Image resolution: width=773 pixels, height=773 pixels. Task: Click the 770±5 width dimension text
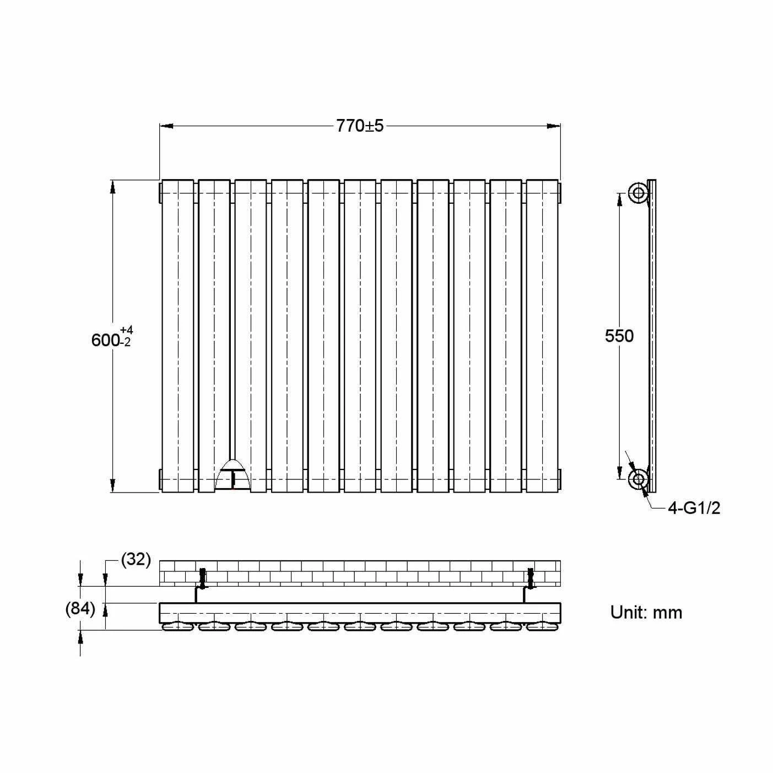coord(360,126)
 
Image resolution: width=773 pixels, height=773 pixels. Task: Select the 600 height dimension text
coord(105,340)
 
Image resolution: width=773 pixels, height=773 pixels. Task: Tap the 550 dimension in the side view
coord(619,336)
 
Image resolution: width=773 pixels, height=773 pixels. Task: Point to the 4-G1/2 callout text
coord(694,508)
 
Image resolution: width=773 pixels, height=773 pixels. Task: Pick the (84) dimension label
coord(80,609)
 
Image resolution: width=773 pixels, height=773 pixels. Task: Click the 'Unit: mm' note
coord(646,612)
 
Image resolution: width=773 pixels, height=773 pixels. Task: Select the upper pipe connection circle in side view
coord(639,193)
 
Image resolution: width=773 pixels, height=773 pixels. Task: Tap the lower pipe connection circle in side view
coord(639,479)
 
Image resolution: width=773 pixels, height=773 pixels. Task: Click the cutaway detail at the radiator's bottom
coord(233,474)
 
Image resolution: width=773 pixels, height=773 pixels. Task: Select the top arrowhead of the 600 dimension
coord(113,187)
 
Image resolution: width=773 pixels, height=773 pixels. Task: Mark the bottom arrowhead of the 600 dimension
coord(113,485)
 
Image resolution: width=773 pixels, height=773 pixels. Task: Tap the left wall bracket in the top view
coord(202,577)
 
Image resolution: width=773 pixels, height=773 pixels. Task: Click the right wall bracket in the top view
coord(530,577)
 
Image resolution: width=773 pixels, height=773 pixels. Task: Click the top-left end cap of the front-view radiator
coord(160,192)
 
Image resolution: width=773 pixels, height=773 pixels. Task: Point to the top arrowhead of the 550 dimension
coord(619,199)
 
